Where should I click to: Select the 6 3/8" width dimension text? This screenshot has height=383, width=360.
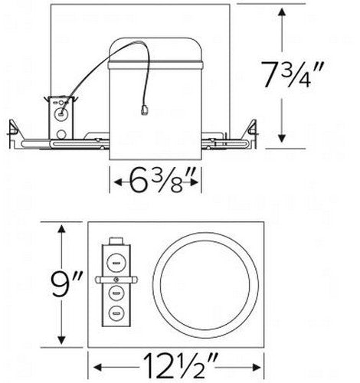[158, 183]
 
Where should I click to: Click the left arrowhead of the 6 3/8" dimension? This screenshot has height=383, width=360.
[116, 183]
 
